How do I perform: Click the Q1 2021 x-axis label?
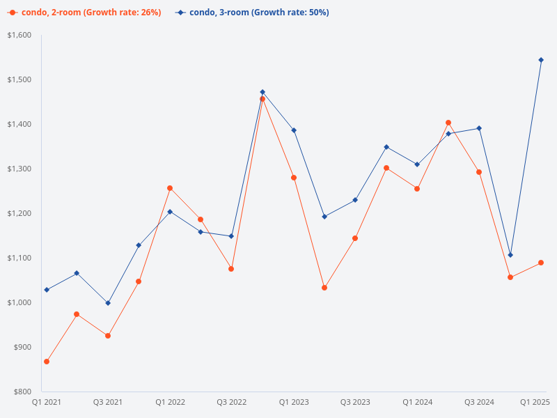pos(47,402)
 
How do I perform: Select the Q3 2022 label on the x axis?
pos(232,402)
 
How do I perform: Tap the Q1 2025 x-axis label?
pos(535,402)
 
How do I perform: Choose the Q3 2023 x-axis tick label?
pos(355,402)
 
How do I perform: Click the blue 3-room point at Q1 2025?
pos(541,60)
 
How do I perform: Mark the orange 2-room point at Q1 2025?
pos(541,263)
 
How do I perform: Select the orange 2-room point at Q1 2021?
pos(47,362)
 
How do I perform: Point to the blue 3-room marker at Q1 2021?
pos(47,290)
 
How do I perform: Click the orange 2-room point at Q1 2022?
pos(170,188)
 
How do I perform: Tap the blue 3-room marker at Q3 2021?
pos(108,303)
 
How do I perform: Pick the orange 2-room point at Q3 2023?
pos(355,238)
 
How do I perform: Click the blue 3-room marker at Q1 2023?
pos(294,130)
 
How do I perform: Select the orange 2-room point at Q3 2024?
pos(479,172)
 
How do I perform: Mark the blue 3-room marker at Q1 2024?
pos(417,164)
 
